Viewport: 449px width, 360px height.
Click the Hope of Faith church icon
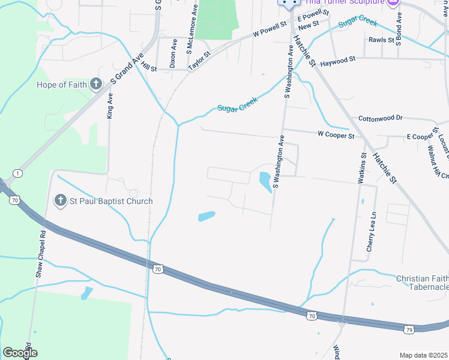pos(96,84)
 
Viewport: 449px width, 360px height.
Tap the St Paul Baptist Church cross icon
pos(60,201)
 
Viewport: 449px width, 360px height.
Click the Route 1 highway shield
pos(19,173)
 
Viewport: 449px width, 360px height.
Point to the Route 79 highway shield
pos(408,329)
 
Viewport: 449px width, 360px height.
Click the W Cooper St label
pos(336,136)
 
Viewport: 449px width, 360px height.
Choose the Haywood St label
pos(338,61)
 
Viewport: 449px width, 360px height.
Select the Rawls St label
pos(381,41)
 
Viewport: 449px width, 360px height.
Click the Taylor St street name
pos(199,61)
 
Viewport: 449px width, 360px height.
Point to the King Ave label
pos(110,105)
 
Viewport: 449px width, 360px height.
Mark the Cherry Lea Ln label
pos(372,231)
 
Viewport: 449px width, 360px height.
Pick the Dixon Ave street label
pos(173,54)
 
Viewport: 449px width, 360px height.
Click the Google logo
pos(19,353)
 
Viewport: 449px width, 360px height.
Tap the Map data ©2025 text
pos(423,355)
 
